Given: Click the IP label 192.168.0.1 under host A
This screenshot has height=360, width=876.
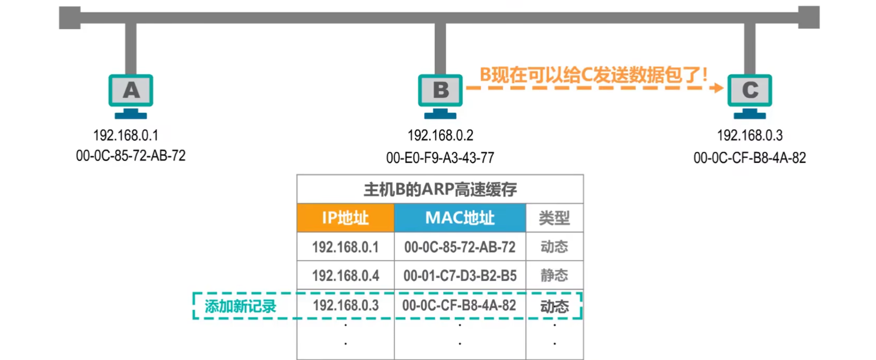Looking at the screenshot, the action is [126, 135].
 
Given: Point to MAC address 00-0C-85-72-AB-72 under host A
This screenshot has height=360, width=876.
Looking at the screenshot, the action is [131, 156].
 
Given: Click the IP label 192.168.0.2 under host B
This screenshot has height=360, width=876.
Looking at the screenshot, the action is [440, 135].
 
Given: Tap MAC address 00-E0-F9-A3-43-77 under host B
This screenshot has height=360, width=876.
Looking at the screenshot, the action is [440, 158].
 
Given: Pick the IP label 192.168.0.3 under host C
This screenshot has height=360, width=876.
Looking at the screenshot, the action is [749, 135].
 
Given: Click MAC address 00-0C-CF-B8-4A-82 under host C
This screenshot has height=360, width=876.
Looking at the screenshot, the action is [749, 158].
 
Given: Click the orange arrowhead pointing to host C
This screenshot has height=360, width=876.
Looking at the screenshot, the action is [718, 88].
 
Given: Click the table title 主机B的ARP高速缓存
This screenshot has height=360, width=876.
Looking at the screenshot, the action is [440, 189].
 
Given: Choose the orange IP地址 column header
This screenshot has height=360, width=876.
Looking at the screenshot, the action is [345, 218].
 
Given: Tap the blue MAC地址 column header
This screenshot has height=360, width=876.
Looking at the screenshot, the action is [460, 218].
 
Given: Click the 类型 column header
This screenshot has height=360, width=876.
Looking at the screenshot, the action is [555, 218].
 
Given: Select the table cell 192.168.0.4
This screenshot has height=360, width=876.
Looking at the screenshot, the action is [345, 275].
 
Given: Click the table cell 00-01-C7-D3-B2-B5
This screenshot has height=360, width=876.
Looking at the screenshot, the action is [460, 275].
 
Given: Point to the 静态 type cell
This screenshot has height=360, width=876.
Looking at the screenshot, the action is [555, 275].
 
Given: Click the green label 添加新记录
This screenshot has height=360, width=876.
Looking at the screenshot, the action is [240, 306].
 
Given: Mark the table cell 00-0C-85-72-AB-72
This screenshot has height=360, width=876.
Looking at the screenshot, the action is [460, 247].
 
